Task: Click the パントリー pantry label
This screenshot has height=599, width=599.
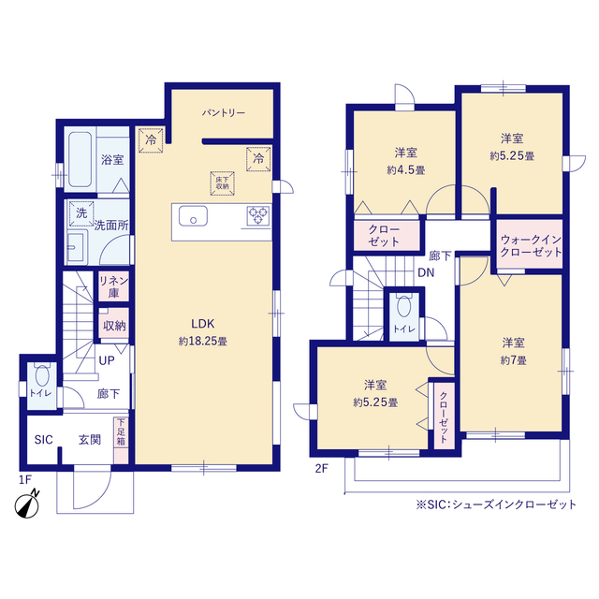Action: tap(224, 113)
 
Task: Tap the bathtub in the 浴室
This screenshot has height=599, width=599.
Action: tap(80, 159)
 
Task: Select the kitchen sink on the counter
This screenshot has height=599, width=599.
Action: tap(194, 216)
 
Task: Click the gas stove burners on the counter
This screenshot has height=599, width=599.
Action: tap(258, 215)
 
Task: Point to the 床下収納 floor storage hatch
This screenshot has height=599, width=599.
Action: tap(223, 183)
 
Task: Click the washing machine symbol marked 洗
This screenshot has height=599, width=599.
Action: tap(81, 213)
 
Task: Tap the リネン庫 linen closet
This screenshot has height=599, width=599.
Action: tap(114, 286)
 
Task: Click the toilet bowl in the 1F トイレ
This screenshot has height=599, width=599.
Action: tap(41, 376)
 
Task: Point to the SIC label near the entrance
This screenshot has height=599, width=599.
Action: tap(44, 440)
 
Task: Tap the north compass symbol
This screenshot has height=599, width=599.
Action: tap(27, 504)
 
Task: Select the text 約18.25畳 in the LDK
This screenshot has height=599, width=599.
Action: tap(203, 341)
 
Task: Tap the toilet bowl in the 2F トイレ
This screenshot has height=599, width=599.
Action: tap(403, 307)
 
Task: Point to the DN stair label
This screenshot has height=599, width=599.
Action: tap(426, 272)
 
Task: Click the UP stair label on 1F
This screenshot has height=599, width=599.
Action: tap(107, 360)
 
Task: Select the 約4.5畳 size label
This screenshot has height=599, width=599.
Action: tap(405, 170)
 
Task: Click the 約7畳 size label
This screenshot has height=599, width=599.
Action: tap(513, 360)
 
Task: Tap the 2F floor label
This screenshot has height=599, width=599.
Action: tap(321, 468)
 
